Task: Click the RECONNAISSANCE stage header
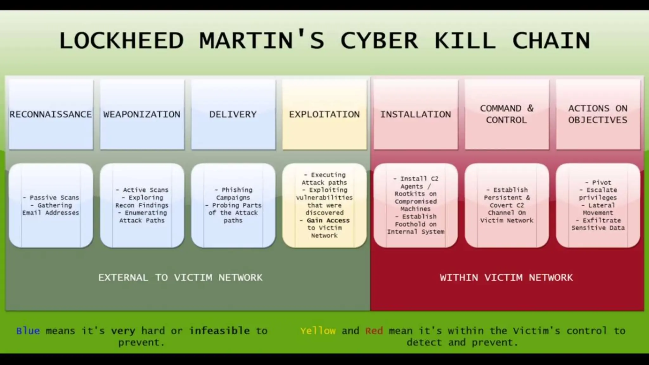point(51,114)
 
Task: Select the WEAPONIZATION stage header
point(142,114)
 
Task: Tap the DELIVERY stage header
point(233,114)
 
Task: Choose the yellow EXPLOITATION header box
point(324,114)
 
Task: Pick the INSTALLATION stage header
point(415,114)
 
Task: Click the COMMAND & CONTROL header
point(506,114)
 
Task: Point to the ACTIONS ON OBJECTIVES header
point(598,114)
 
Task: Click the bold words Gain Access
point(328,221)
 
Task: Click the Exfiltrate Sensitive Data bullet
point(598,224)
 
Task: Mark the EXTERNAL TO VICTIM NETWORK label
point(180,278)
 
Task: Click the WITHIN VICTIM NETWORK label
point(506,278)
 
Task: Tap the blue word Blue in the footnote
point(28,331)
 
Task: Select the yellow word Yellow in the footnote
point(318,331)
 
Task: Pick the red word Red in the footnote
point(374,331)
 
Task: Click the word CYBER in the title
point(379,41)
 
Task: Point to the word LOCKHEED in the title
point(121,41)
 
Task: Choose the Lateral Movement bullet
point(598,209)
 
